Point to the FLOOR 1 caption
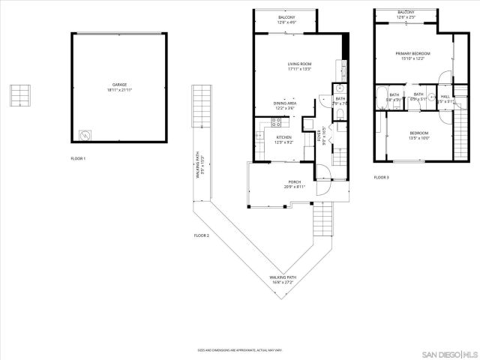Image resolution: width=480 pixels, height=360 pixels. point(78,159)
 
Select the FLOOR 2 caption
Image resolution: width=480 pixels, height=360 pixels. point(201,235)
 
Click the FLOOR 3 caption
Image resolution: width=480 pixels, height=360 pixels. point(381,177)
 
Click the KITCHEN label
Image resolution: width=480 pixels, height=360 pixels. point(284,137)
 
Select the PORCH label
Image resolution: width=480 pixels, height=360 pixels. point(295,181)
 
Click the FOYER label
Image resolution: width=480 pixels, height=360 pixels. point(319,136)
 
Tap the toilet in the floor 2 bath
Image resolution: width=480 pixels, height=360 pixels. point(338,114)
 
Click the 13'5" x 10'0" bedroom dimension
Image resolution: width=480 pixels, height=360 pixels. point(418,138)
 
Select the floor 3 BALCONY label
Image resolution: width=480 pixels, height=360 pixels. point(406,13)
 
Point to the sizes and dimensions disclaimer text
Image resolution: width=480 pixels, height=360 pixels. point(241,350)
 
